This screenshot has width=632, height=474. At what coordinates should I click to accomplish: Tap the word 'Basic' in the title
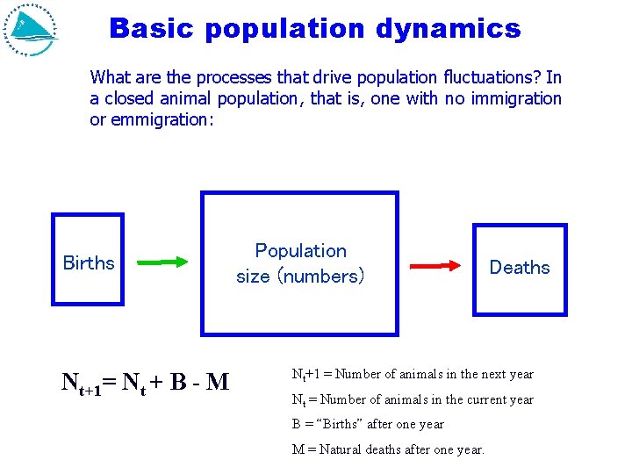pos(152,29)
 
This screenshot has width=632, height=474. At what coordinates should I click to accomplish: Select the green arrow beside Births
pos(163,262)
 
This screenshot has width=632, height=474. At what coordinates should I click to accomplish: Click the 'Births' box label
pos(89,262)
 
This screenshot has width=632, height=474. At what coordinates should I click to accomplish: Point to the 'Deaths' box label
pos(520,267)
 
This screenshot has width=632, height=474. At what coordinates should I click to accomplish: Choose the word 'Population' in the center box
pos(300,251)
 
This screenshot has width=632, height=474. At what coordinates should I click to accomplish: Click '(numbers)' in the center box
pos(320,276)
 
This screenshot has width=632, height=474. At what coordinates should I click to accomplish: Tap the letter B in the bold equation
pos(178,382)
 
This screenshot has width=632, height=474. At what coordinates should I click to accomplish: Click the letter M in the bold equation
pos(219,382)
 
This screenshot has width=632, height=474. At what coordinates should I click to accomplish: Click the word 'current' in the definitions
pos(482,399)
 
